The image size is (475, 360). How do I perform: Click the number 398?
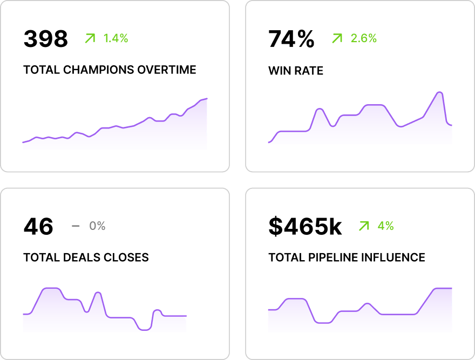click(46, 39)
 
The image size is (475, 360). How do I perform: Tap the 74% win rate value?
click(291, 39)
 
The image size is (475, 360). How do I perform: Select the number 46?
click(38, 227)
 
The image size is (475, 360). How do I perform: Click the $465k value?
click(305, 227)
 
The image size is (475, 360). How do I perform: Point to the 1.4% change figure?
click(116, 38)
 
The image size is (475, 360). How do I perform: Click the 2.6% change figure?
click(364, 38)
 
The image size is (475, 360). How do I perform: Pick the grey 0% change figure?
click(97, 226)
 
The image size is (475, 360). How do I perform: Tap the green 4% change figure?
click(385, 226)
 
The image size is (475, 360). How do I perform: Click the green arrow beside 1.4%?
click(90, 38)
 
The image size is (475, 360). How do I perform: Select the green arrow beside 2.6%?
click(337, 38)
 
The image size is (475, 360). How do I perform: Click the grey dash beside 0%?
click(76, 226)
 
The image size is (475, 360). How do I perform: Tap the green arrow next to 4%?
click(364, 226)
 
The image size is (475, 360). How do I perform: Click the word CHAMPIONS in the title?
click(99, 70)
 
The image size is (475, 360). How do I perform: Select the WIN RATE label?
click(296, 71)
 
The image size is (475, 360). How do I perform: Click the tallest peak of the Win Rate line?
click(440, 92)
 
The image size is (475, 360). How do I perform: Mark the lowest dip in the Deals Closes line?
click(144, 329)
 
